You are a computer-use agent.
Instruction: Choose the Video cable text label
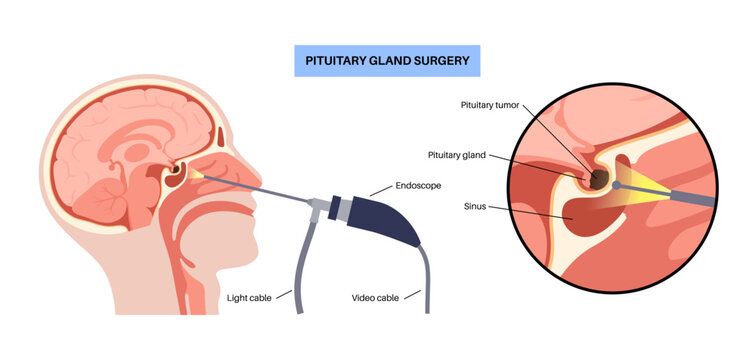coord(376,297)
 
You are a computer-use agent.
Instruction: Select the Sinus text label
coord(477,206)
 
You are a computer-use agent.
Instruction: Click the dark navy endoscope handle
coord(384,221)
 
